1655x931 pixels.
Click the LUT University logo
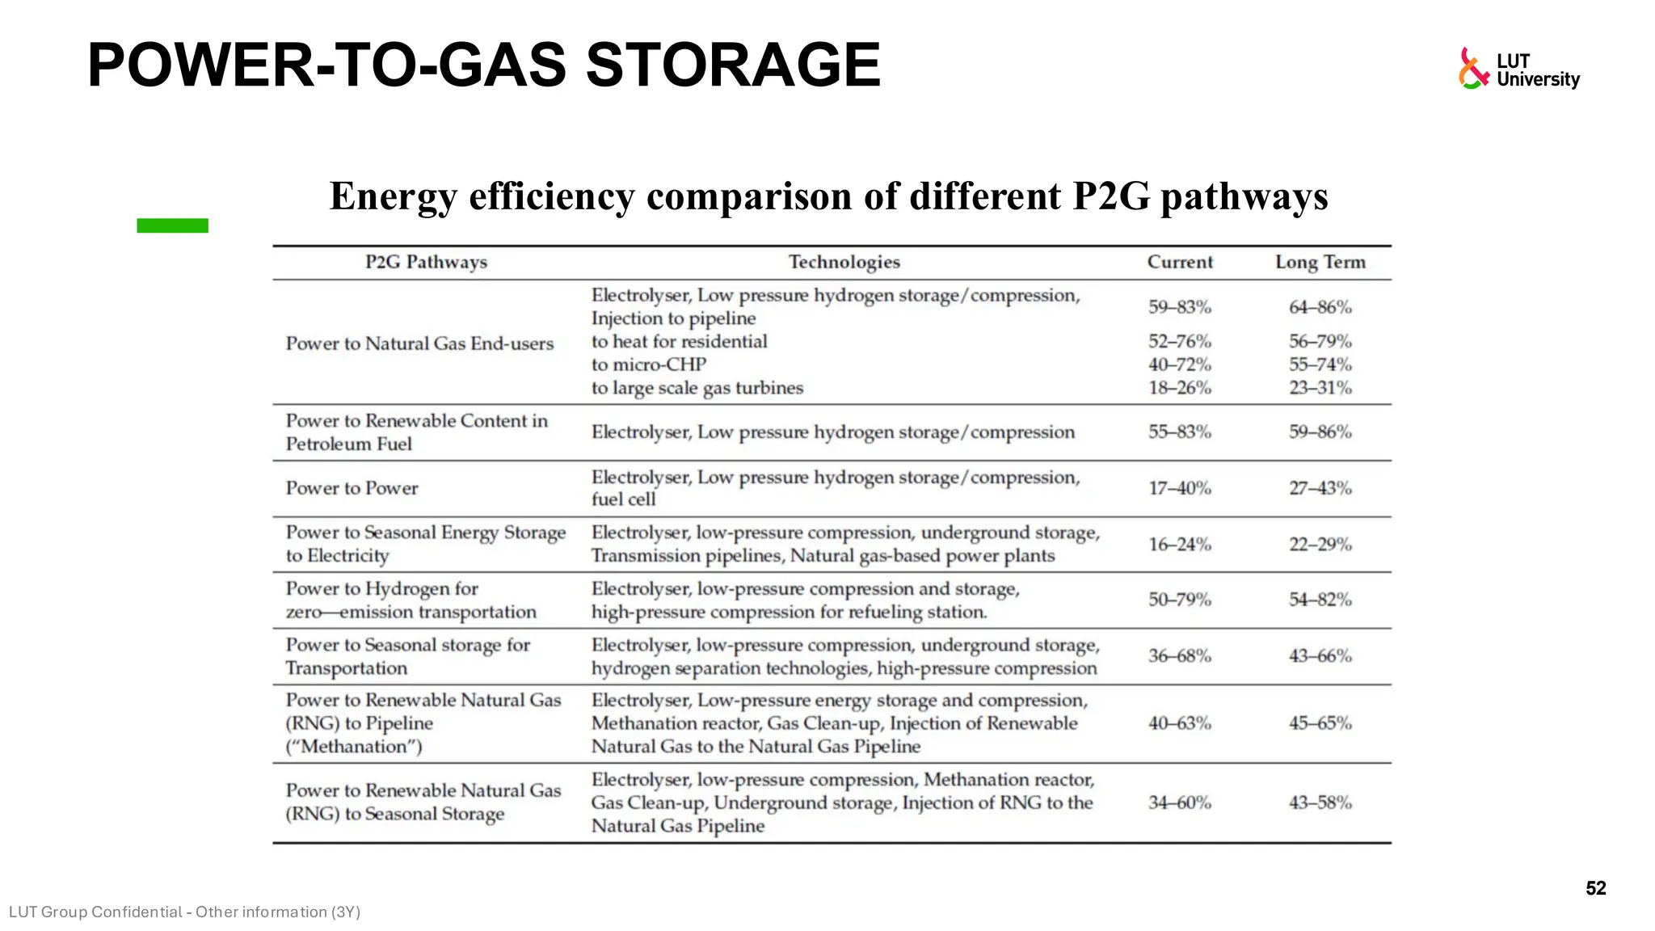(1518, 69)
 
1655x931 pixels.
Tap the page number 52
(1595, 888)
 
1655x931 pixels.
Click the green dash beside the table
(172, 225)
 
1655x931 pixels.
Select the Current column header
(1180, 262)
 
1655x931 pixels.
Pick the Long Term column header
(1320, 262)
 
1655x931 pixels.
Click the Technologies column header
(844, 262)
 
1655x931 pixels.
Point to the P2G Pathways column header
(426, 262)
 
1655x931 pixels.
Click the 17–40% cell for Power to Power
(1180, 488)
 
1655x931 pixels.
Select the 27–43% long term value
(1320, 488)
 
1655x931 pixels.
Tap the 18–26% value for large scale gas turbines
(1180, 388)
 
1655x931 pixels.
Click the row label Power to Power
(352, 488)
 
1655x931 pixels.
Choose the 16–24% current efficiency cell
(1180, 545)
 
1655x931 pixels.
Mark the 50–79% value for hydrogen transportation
(1180, 600)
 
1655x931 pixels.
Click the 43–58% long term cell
(1320, 803)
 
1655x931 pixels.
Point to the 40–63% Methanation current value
(1180, 723)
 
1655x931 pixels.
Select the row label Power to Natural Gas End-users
(419, 343)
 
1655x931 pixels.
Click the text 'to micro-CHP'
(648, 364)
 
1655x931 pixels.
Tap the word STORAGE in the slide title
(733, 65)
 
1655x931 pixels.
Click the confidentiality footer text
(184, 912)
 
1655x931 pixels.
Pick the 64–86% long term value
(1320, 307)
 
